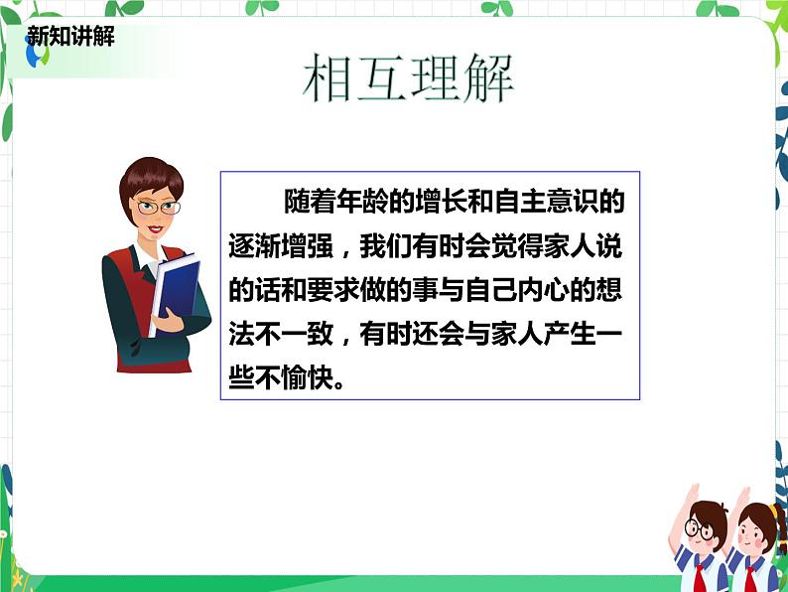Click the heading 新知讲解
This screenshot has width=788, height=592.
point(70,36)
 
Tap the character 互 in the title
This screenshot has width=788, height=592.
point(381,77)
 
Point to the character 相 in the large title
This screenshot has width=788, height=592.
point(328,77)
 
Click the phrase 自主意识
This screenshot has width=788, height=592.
point(546,202)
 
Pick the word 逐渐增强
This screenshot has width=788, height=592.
point(281,246)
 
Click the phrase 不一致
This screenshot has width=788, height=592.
point(281,334)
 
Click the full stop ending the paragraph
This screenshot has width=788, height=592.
point(339,384)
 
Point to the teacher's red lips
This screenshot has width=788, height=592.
point(155,229)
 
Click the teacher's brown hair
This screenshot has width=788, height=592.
point(149,179)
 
